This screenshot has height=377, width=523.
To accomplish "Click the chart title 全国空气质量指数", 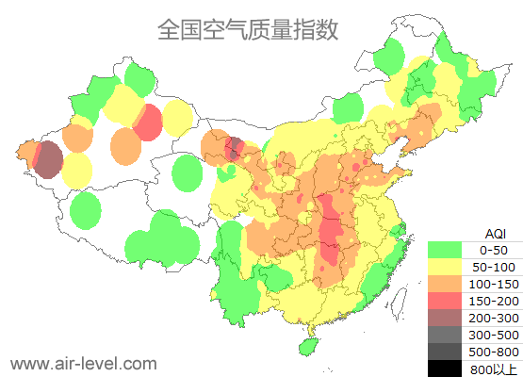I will pos(248,29).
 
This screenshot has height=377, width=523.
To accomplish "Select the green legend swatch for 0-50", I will pos(446,250).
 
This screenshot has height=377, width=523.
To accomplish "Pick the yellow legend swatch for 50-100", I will pos(446,267).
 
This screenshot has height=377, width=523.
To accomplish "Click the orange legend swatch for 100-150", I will pos(446,284).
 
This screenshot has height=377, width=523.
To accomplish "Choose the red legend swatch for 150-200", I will pos(446,301).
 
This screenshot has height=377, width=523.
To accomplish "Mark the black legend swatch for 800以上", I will pos(446,369).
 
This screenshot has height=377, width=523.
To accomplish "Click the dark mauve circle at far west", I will pos(48,159).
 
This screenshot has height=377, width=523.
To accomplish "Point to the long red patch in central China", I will pos(331,232).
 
